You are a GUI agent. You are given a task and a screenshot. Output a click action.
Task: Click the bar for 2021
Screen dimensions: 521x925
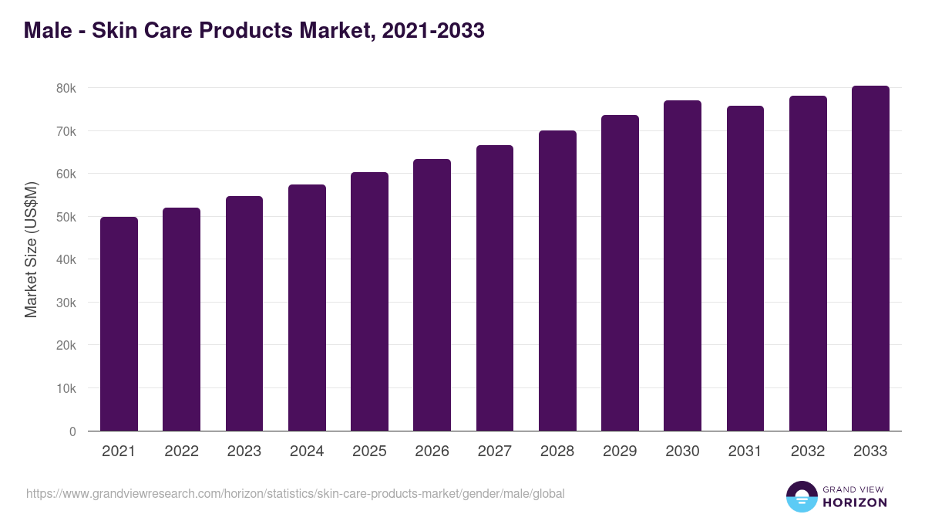pyautogui.click(x=119, y=324)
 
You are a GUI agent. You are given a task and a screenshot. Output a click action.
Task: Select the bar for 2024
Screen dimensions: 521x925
pyautogui.click(x=307, y=308)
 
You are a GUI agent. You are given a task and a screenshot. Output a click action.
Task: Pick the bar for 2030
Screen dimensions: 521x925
pyautogui.click(x=682, y=266)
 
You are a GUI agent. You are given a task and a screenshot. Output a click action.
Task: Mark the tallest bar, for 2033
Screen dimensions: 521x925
pyautogui.click(x=870, y=259)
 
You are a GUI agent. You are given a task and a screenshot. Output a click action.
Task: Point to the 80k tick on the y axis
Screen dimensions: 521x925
pyautogui.click(x=66, y=89)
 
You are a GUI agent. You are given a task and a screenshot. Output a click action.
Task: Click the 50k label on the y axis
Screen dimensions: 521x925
pyautogui.click(x=66, y=218)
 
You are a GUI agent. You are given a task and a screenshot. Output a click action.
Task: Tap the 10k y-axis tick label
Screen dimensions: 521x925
pyautogui.click(x=66, y=389)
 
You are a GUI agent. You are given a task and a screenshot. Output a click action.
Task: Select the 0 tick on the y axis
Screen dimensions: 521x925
pyautogui.click(x=72, y=431)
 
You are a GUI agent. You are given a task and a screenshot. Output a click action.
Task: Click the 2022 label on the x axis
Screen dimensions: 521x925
pyautogui.click(x=181, y=452)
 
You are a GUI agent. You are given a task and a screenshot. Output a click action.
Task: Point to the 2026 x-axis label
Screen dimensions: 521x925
pyautogui.click(x=432, y=452)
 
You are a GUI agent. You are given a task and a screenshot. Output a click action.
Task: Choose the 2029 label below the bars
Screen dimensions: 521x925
pyautogui.click(x=620, y=452)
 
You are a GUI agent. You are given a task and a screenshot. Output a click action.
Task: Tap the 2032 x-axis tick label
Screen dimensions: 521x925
pyautogui.click(x=808, y=452)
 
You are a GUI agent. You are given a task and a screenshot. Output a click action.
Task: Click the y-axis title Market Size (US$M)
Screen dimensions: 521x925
pyautogui.click(x=31, y=249)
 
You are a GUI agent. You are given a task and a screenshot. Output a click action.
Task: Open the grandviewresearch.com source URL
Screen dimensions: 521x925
pyautogui.click(x=295, y=493)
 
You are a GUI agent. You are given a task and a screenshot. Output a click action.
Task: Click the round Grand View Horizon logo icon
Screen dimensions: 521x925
pyautogui.click(x=801, y=496)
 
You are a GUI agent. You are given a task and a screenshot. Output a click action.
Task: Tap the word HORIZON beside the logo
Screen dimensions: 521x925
pyautogui.click(x=855, y=502)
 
